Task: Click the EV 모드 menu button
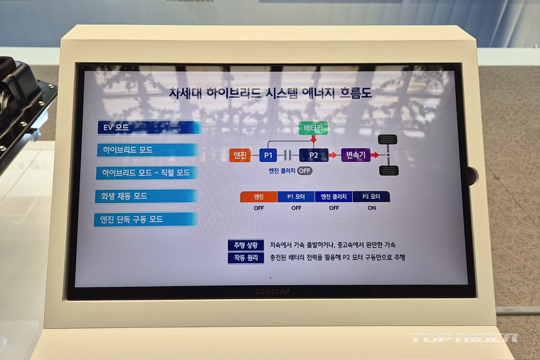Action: click(x=149, y=128)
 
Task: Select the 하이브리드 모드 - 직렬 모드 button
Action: click(x=147, y=173)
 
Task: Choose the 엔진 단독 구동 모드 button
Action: click(x=146, y=220)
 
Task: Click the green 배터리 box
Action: click(x=313, y=129)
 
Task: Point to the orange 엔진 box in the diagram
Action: click(x=240, y=155)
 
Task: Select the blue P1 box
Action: click(x=268, y=155)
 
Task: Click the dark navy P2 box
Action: click(x=313, y=155)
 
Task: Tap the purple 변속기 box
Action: click(x=356, y=155)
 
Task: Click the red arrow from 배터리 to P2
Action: click(x=313, y=139)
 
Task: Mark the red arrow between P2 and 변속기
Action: click(x=333, y=155)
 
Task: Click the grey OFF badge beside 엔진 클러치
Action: click(x=304, y=171)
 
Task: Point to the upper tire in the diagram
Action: click(x=388, y=140)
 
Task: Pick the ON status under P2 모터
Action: click(x=372, y=208)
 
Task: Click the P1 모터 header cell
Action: click(x=296, y=197)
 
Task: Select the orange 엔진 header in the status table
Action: click(x=258, y=197)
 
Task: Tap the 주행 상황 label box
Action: click(x=246, y=245)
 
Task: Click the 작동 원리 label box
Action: click(x=246, y=258)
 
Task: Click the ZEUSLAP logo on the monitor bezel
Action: click(x=273, y=291)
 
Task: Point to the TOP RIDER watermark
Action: click(x=464, y=338)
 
